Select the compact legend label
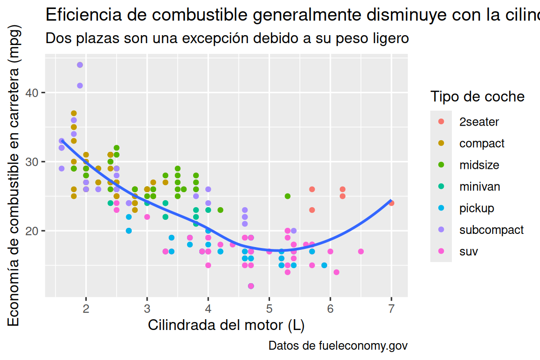coord(482,143)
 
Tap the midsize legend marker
coord(441,165)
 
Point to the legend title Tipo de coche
coord(477,97)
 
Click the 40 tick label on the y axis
coord(32,93)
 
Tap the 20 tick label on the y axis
coord(32,231)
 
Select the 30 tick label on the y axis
coord(32,162)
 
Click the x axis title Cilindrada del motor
coord(226,325)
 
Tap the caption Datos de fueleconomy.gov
coord(338,346)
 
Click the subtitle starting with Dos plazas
coord(227,38)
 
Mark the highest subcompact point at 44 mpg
coord(80,65)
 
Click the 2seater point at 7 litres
coord(391,203)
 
